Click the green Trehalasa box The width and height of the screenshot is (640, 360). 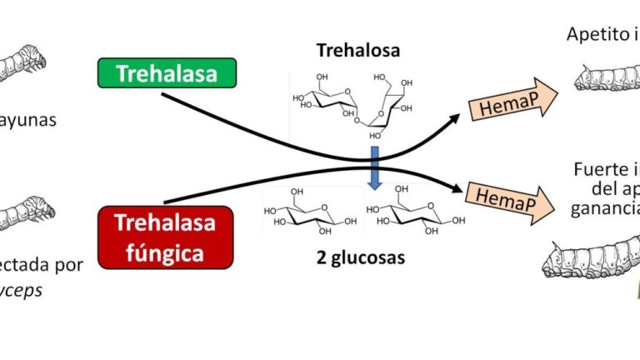[167, 73]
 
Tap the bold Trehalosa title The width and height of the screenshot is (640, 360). [357, 50]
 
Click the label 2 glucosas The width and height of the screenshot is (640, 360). [360, 257]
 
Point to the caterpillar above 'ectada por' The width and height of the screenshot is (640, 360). [24, 212]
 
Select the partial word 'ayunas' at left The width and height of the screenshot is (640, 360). [30, 119]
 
